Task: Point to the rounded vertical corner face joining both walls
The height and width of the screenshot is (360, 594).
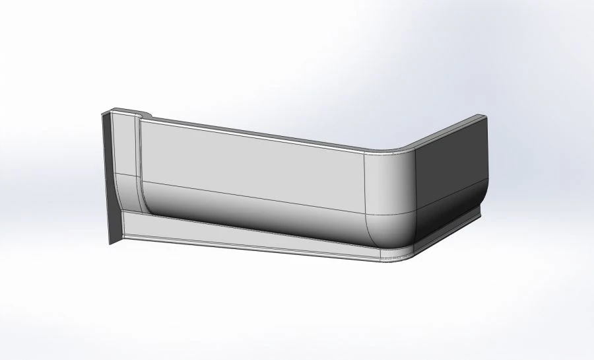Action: (x=389, y=182)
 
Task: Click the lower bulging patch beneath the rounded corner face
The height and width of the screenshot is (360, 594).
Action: (x=389, y=228)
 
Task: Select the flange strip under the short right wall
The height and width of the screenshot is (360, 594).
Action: (x=449, y=229)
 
